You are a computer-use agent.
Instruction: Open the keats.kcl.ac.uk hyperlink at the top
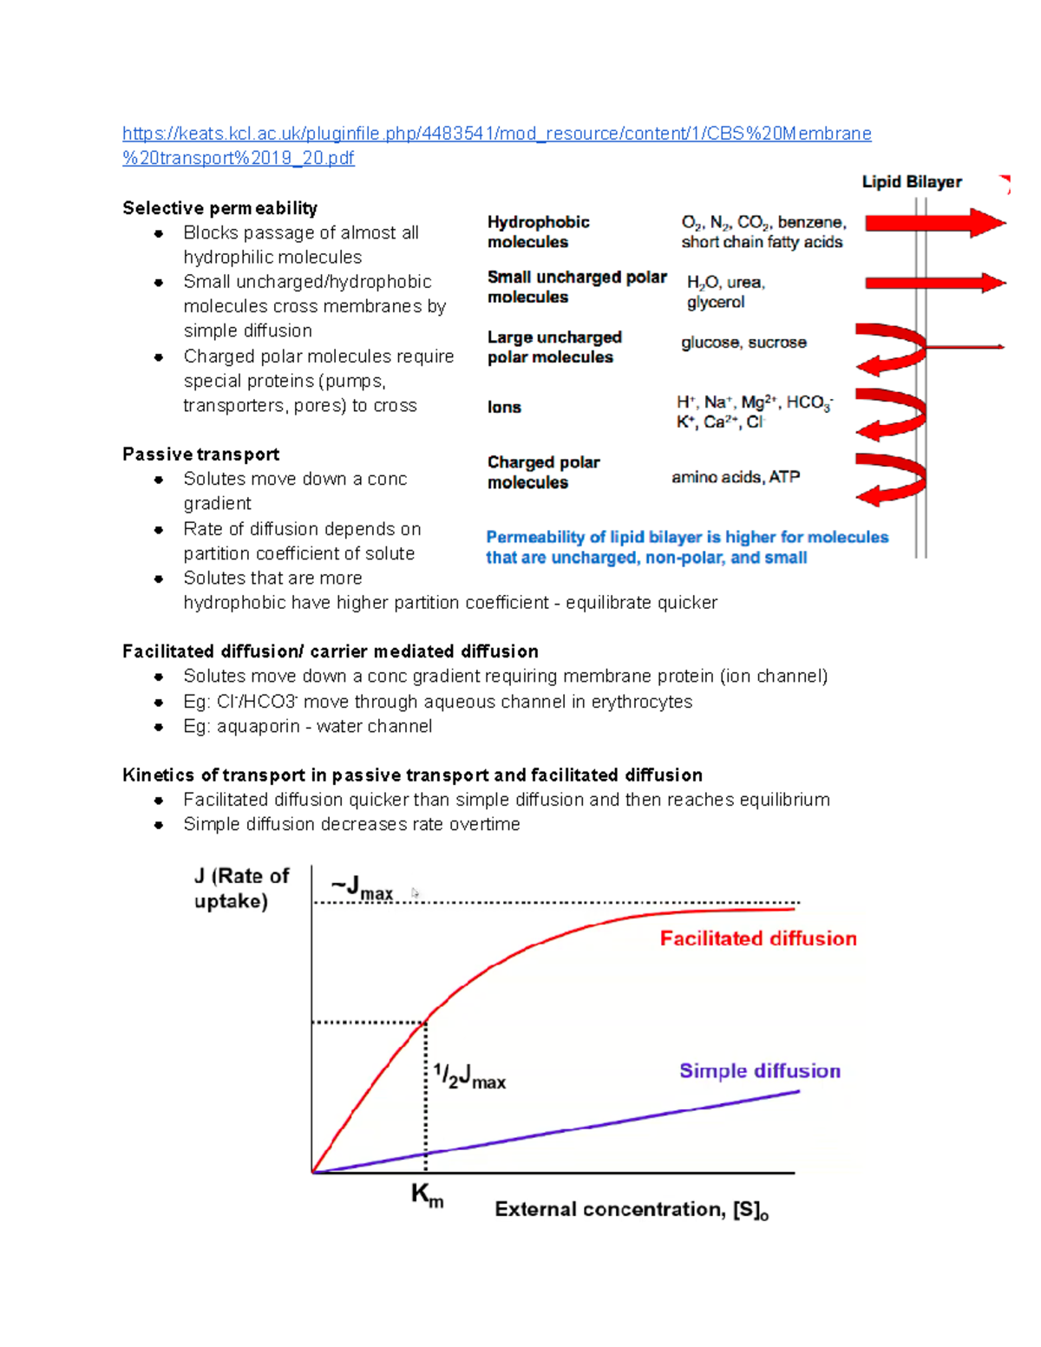tap(496, 134)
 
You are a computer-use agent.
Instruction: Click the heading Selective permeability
tap(219, 208)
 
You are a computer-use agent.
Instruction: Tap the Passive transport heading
tap(200, 454)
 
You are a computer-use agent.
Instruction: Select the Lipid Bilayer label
tap(911, 182)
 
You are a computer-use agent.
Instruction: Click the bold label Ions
tap(504, 408)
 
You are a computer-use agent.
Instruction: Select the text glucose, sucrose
tap(743, 343)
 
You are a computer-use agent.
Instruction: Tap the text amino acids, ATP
tap(736, 477)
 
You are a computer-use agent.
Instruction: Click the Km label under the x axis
tap(427, 1195)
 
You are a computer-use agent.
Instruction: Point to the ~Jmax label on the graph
tap(362, 888)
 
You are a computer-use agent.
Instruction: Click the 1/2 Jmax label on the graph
tap(469, 1077)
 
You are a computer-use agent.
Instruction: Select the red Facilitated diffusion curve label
tap(757, 938)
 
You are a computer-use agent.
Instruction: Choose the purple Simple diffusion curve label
tap(759, 1071)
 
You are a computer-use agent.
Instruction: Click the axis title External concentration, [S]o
tap(632, 1210)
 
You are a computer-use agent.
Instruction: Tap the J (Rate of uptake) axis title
tap(240, 888)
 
